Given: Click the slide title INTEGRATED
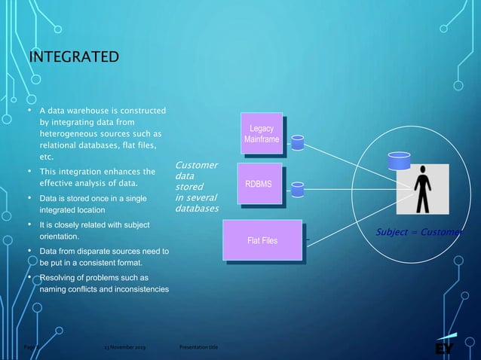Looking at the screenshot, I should click(74, 58).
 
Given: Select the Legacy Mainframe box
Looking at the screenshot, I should click(262, 134).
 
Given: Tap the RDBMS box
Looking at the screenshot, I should click(259, 183).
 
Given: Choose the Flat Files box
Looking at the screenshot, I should click(262, 241).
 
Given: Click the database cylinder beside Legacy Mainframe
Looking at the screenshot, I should click(298, 142).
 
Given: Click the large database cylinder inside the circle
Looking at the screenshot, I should click(397, 161).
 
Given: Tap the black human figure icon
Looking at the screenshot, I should click(424, 187).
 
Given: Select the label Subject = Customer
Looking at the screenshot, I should click(418, 233).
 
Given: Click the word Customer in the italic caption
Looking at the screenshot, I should click(196, 165).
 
